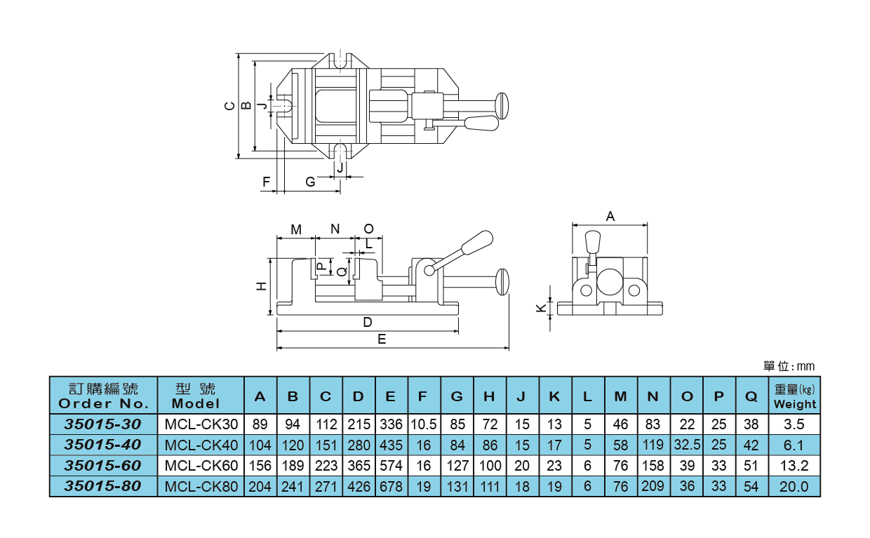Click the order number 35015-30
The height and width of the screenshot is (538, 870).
pyautogui.click(x=102, y=424)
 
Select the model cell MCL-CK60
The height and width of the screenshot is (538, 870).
pyautogui.click(x=201, y=465)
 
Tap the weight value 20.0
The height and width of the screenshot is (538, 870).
pyautogui.click(x=795, y=486)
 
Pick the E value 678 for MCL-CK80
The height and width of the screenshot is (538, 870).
pyautogui.click(x=391, y=486)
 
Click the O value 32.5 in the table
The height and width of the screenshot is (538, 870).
pyautogui.click(x=686, y=445)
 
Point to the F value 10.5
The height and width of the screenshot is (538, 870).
pyautogui.click(x=423, y=424)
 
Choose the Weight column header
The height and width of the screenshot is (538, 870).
pyautogui.click(x=795, y=396)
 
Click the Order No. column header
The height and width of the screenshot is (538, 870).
pyautogui.click(x=102, y=396)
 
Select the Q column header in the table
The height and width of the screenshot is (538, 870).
pyautogui.click(x=751, y=396)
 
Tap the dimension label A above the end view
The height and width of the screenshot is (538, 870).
pyautogui.click(x=610, y=217)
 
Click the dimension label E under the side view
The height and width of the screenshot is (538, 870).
pyautogui.click(x=382, y=339)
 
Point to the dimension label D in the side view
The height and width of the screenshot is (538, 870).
pyautogui.click(x=367, y=323)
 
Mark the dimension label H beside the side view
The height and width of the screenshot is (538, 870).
pyautogui.click(x=261, y=286)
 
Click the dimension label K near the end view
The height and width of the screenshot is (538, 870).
pyautogui.click(x=540, y=307)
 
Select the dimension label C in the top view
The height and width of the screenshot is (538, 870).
pyautogui.click(x=229, y=106)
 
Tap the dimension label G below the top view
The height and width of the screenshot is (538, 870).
pyautogui.click(x=310, y=182)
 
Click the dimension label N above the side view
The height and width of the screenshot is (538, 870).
pyautogui.click(x=335, y=229)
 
